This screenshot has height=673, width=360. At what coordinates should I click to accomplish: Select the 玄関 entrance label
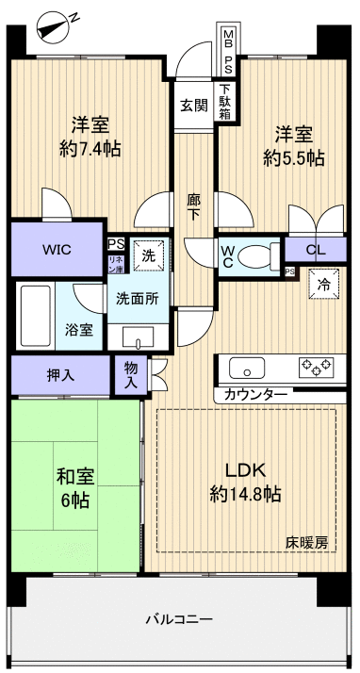194,104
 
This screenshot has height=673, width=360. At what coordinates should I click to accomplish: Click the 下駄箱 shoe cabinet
227,101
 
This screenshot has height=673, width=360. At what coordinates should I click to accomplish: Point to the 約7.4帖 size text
89,148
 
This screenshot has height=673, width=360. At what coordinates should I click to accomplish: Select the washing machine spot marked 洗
149,253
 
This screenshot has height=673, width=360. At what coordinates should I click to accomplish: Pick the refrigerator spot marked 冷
323,282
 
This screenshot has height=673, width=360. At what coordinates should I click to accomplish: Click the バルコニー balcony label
178,619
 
